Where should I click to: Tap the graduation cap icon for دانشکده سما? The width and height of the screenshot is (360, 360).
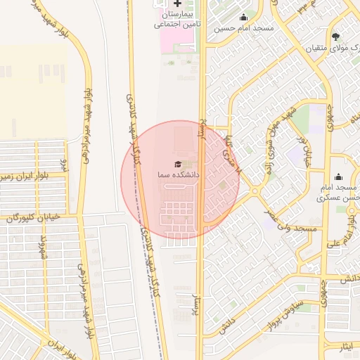tap(177, 164)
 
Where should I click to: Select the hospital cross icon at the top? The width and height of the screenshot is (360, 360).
tap(177, 4)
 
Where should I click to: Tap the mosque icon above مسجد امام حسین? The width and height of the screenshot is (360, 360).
tap(244, 18)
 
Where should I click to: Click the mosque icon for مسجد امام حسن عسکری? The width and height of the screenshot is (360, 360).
tap(339, 176)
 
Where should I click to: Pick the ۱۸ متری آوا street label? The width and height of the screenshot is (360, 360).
tap(231, 153)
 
